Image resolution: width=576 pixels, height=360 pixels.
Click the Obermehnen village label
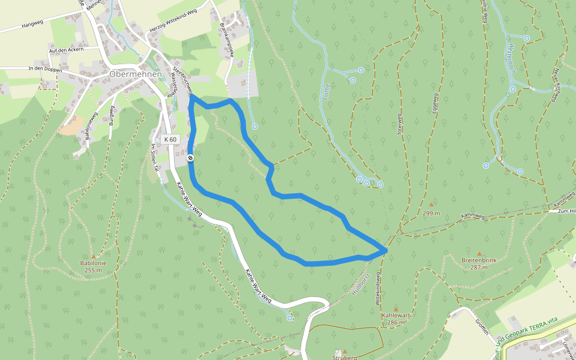click(x=136, y=74)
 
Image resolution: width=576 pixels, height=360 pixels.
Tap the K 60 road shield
click(x=170, y=139)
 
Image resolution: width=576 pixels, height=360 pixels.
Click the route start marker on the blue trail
click(x=190, y=158)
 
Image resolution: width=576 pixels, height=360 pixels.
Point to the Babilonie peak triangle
click(x=93, y=256)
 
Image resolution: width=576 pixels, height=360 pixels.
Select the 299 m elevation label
click(x=430, y=213)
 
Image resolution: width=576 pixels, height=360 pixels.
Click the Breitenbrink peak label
click(x=479, y=260)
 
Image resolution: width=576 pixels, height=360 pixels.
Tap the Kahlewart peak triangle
click(x=395, y=310)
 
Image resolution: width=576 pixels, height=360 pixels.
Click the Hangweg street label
click(x=32, y=25)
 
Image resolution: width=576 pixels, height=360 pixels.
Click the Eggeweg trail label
click(x=436, y=104)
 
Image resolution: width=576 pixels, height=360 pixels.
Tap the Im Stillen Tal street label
click(x=154, y=158)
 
